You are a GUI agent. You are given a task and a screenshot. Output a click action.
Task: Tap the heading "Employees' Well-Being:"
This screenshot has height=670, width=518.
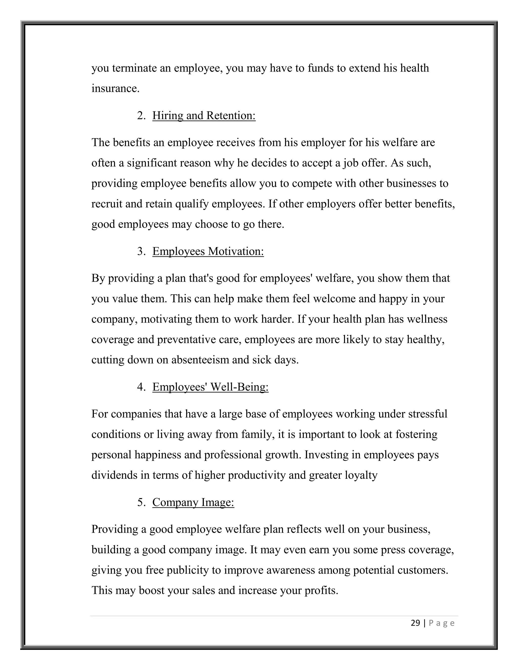click(x=210, y=387)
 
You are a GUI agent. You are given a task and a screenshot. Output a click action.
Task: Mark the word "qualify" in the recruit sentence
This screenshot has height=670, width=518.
click(x=191, y=204)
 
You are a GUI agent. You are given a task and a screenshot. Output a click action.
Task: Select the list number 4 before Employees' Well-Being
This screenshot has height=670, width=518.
click(x=141, y=387)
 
